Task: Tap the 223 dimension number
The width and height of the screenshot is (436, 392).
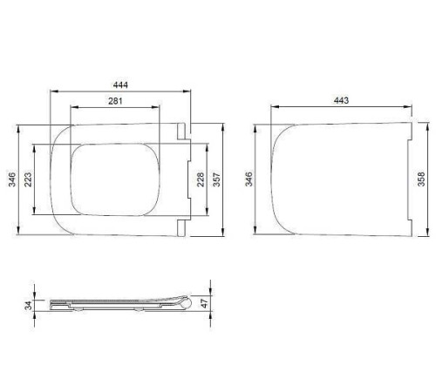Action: (x=30, y=179)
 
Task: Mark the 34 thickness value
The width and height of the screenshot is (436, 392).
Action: (x=28, y=305)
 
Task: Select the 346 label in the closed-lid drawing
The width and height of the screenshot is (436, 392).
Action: (x=249, y=179)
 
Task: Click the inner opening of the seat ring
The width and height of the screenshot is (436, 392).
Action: (x=115, y=179)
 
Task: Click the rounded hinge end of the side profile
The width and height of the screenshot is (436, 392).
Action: (x=186, y=304)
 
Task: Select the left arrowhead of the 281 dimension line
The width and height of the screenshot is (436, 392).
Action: (x=71, y=108)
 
